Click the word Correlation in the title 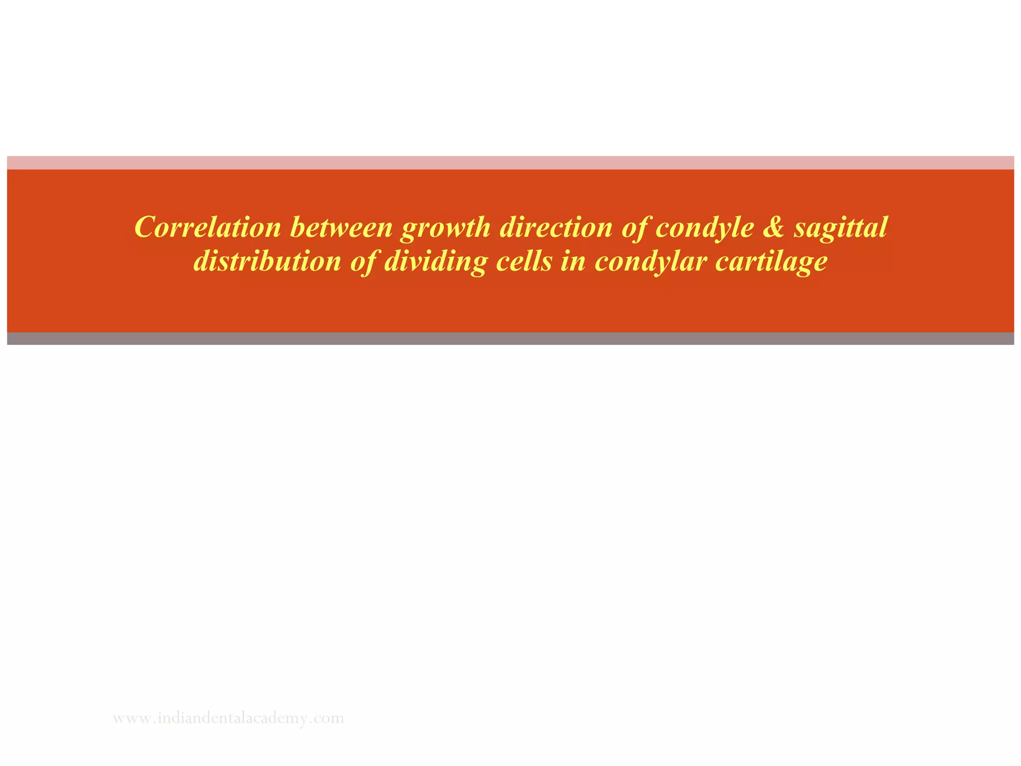[208, 227]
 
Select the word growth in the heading [446, 228]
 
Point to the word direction [556, 227]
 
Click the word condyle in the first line [704, 228]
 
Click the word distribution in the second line [267, 261]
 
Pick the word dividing [435, 262]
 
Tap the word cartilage [771, 262]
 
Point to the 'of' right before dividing [363, 262]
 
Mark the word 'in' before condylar [573, 261]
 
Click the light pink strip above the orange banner [510, 163]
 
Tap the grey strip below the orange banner [510, 339]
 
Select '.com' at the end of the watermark [329, 719]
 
